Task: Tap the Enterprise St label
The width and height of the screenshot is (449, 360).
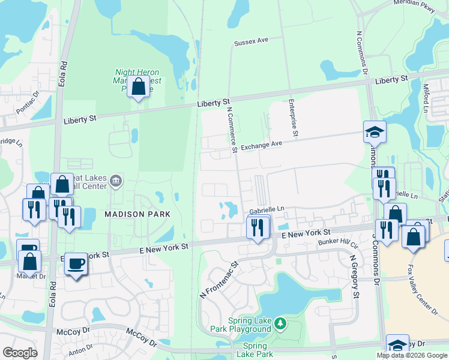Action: pos(292,118)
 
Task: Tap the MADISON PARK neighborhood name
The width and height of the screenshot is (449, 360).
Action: pos(137,214)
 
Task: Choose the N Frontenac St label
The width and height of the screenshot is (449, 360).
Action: pos(219,280)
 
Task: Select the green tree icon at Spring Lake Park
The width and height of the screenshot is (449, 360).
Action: pos(280,325)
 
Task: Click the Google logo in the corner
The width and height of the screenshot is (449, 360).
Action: pos(20,353)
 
